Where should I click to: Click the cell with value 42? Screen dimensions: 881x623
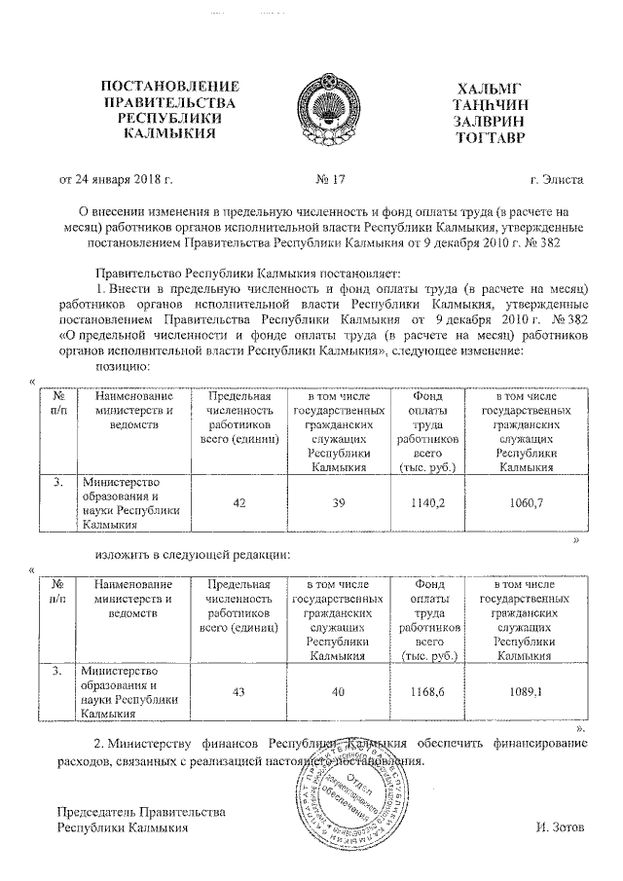[238, 502]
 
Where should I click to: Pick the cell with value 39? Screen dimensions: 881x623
[336, 502]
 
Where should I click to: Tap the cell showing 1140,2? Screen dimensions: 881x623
[428, 502]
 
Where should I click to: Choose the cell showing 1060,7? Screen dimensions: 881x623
[526, 502]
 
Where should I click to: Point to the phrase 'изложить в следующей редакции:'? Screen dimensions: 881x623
[193, 555]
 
